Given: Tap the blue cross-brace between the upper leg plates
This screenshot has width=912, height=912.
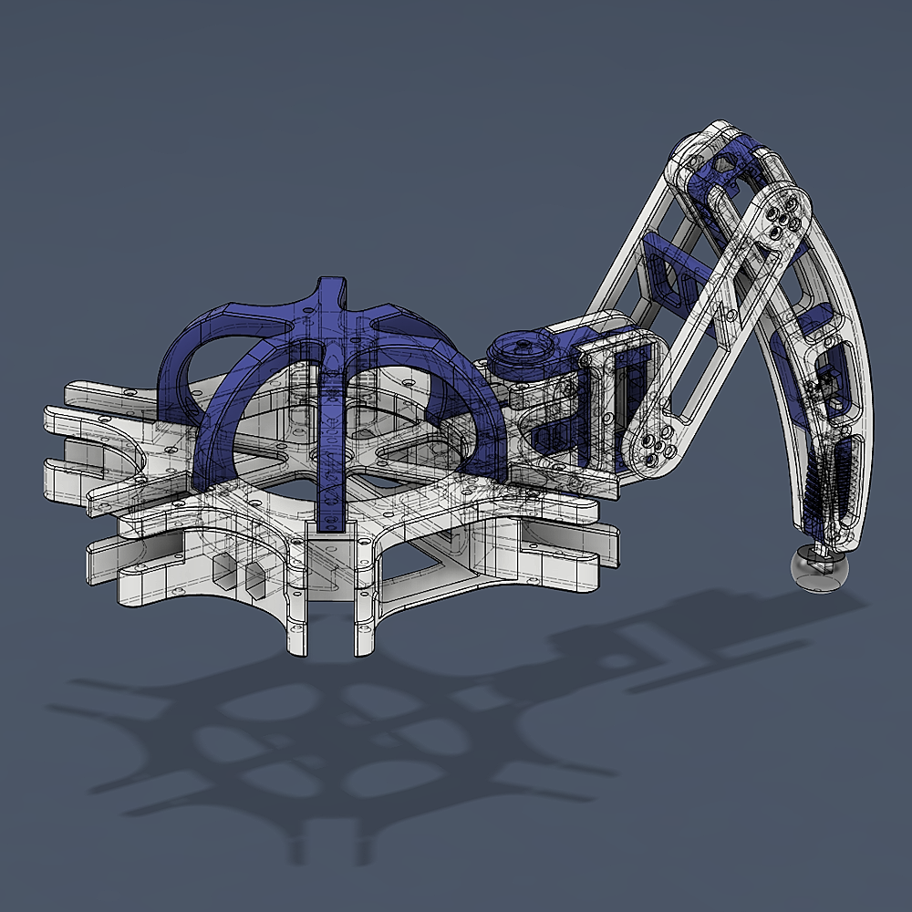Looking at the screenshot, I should pos(663,264).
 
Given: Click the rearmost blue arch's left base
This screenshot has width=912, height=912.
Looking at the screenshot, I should pos(173,401).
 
